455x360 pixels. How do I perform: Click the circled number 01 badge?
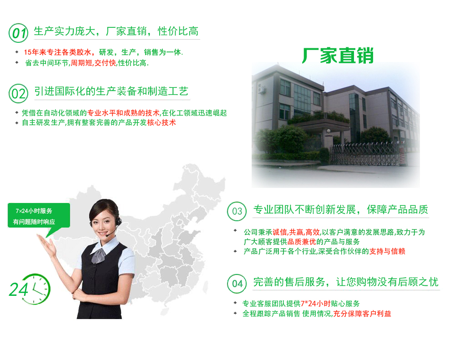click(18, 33)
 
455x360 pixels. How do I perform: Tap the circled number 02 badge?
click(18, 93)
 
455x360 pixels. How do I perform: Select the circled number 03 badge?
click(237, 211)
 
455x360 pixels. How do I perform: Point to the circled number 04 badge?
click(237, 284)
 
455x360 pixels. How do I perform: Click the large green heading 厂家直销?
click(338, 56)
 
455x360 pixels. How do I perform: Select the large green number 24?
click(19, 289)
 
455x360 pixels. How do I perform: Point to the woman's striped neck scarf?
click(99, 255)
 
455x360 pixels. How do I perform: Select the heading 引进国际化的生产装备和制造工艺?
click(111, 91)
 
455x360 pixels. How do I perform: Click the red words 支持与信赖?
click(387, 251)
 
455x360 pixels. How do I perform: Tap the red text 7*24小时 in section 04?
click(316, 304)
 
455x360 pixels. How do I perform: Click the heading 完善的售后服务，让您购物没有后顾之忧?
click(346, 282)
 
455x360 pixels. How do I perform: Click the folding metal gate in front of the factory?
click(366, 153)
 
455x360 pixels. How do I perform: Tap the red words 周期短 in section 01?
click(81, 63)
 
